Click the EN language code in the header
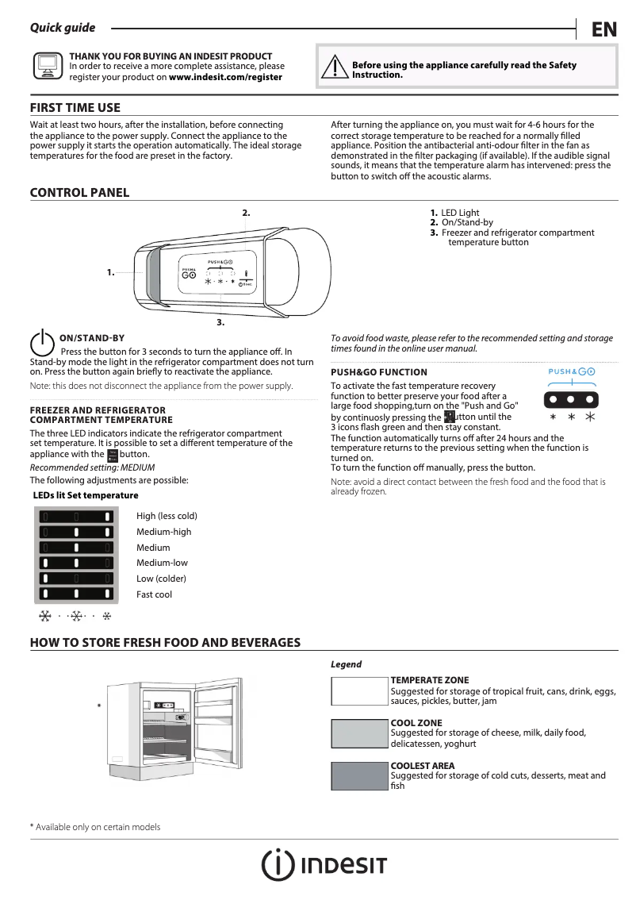tap(603, 29)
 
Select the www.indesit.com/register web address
tap(225, 78)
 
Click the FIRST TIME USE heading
tap(75, 108)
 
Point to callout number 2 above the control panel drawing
tap(246, 213)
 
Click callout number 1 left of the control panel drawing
tap(111, 272)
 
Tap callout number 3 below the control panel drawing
tap(220, 323)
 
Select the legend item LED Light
tap(460, 213)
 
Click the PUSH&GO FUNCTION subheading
tap(378, 372)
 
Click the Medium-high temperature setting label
tap(163, 532)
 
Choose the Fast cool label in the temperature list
tap(154, 594)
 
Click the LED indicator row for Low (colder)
tap(76, 578)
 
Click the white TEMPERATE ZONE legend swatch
tap(359, 691)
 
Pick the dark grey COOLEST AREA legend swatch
tap(359, 775)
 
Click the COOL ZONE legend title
tap(416, 723)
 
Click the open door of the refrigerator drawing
tap(216, 726)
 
